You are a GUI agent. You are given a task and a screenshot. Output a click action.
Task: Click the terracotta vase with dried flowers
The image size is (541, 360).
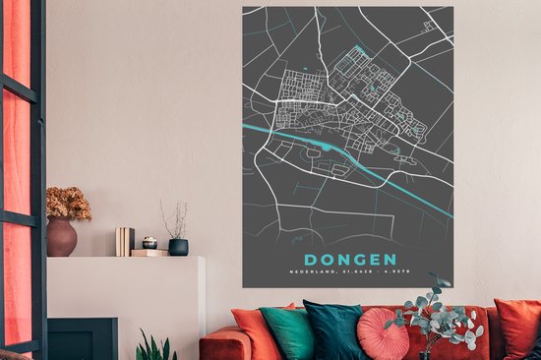tap(61, 237)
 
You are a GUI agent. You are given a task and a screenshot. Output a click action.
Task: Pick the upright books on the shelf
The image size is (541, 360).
tap(125, 241)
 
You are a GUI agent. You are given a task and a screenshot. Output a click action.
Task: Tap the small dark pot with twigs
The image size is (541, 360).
tap(178, 247)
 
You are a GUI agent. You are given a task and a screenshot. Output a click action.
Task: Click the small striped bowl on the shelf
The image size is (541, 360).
tap(150, 243)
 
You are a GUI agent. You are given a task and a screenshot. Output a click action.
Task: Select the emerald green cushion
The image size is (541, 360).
tap(287, 332)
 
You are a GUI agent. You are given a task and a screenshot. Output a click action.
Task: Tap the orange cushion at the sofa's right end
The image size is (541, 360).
tap(517, 328)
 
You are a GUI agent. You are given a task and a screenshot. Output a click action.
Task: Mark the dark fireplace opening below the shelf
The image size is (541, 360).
tap(83, 338)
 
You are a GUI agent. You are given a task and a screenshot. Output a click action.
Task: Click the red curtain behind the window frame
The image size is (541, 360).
tap(17, 148)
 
